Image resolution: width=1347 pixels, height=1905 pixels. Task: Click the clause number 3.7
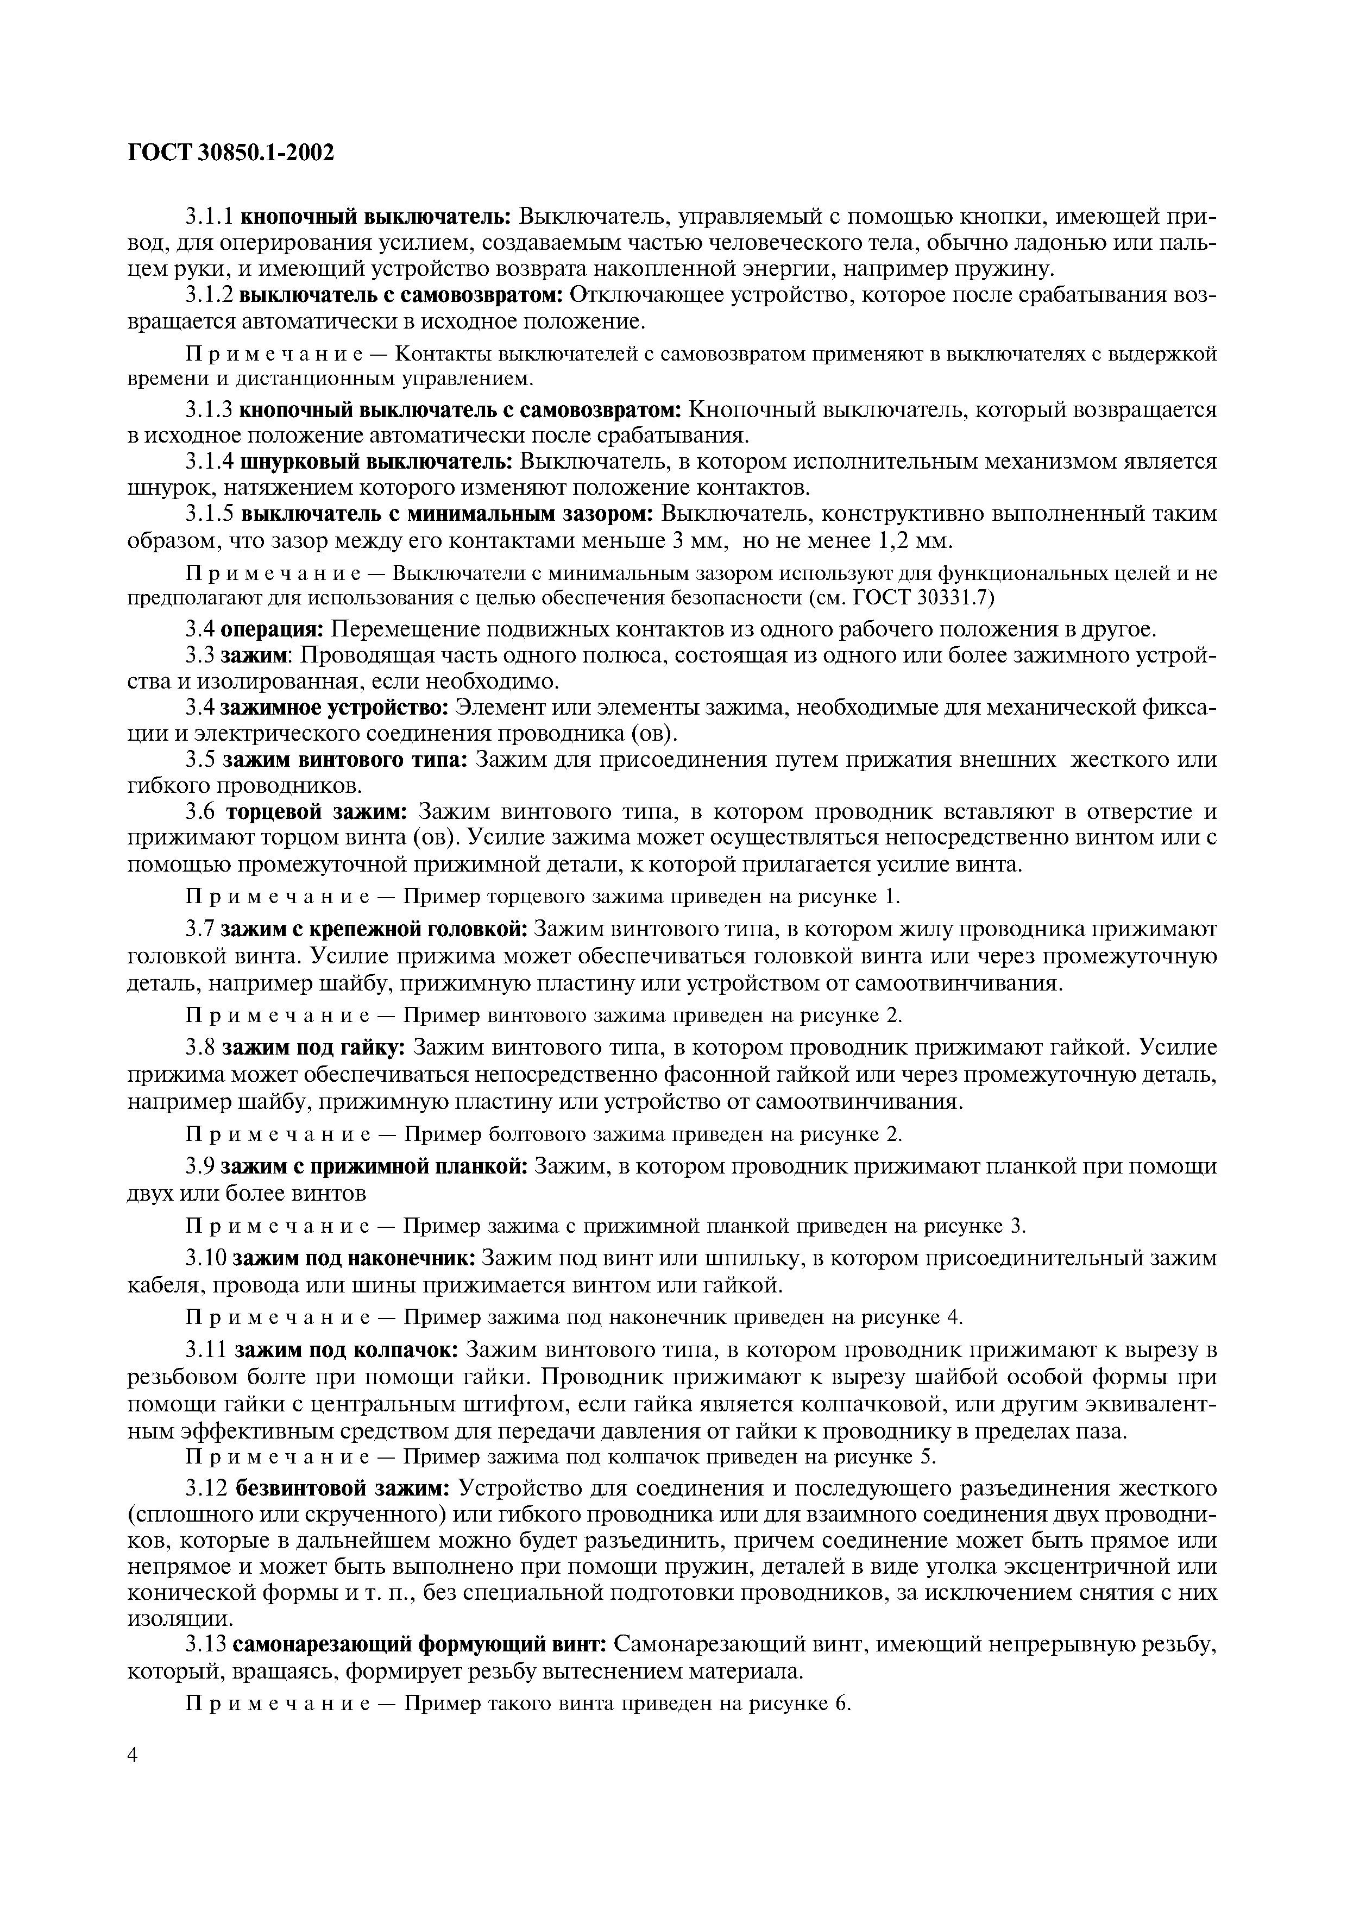[x=200, y=930]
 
